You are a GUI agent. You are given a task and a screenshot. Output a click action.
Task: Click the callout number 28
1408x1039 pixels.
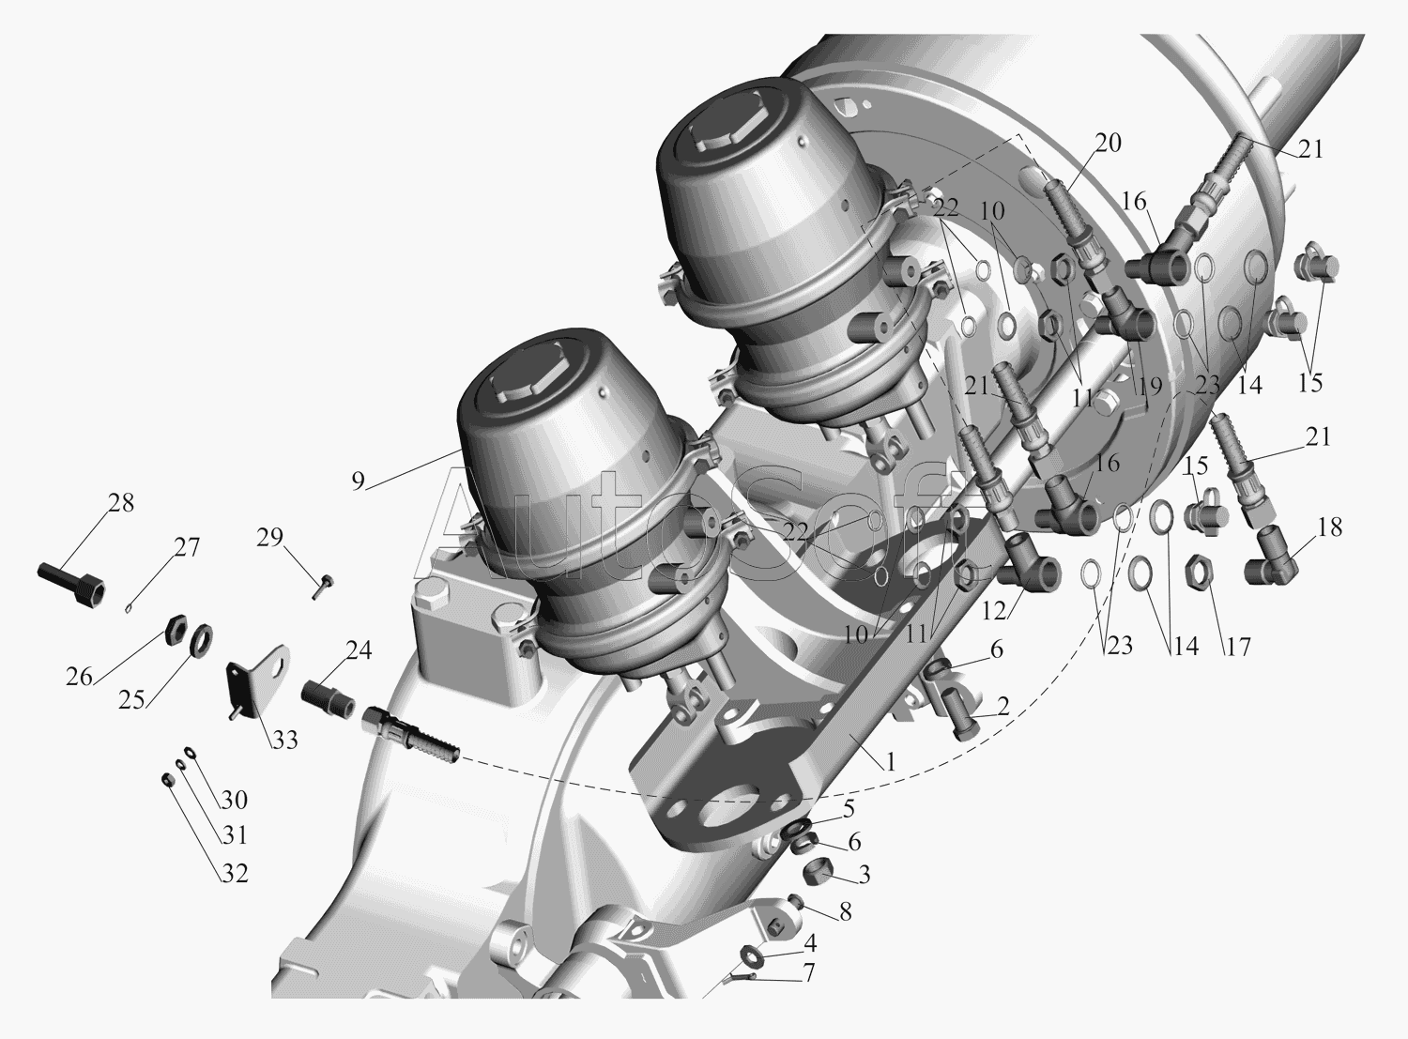click(x=120, y=503)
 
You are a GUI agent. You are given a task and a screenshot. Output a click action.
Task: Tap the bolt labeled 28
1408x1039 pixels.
click(x=71, y=583)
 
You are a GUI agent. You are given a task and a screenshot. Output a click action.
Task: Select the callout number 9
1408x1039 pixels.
click(x=358, y=481)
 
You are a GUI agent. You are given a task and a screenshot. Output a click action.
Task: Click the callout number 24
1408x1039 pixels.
click(x=359, y=650)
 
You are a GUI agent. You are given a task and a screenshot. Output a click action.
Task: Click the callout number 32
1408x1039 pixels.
click(x=235, y=874)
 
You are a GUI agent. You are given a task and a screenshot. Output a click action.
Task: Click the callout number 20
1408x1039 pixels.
click(x=1108, y=143)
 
